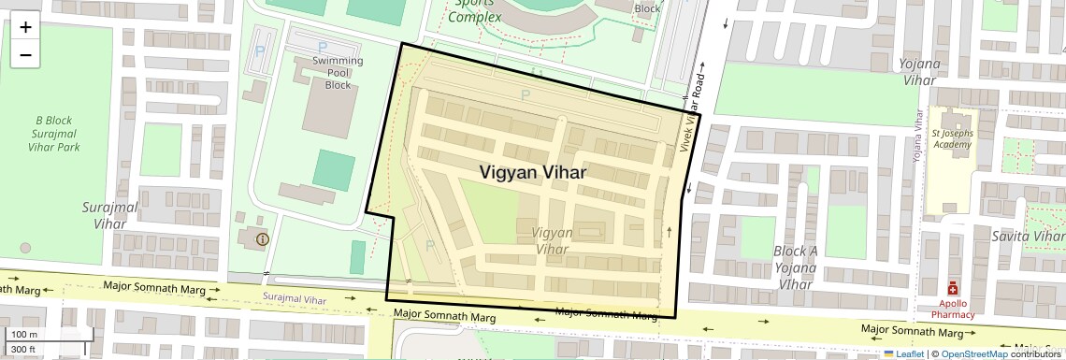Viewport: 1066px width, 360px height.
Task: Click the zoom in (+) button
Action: (25, 27)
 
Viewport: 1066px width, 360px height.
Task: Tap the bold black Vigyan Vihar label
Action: (533, 173)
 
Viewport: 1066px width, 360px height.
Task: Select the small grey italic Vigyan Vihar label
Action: (552, 240)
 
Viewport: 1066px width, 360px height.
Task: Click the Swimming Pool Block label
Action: (338, 73)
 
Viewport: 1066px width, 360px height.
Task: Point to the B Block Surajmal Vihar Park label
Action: (53, 133)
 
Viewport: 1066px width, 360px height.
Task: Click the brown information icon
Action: (261, 239)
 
